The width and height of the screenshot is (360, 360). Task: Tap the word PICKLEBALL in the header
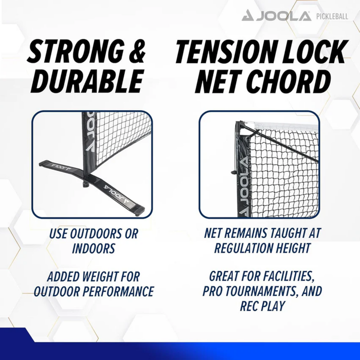332,17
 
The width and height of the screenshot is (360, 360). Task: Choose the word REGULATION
247,248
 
